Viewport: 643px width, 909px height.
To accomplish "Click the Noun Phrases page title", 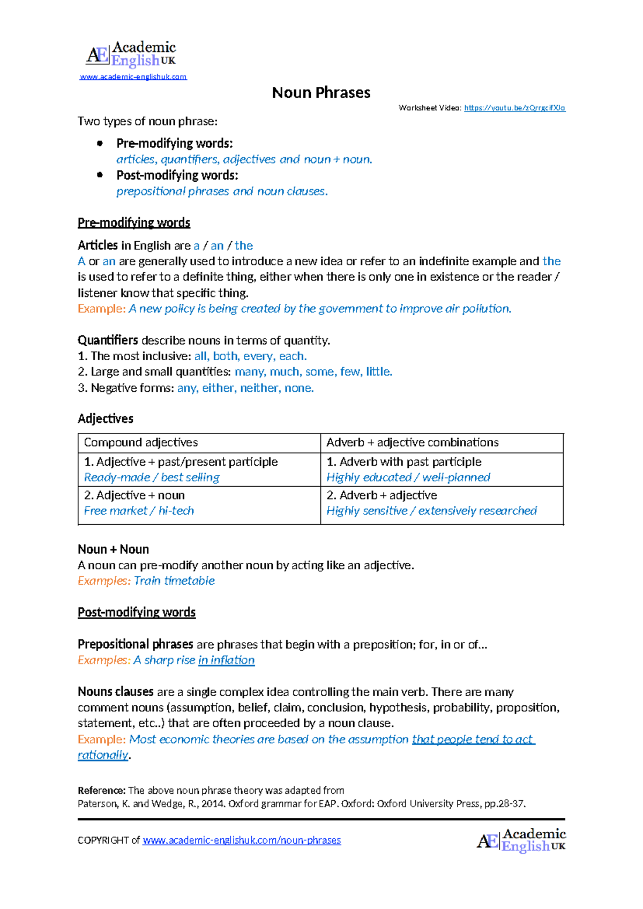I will [x=321, y=93].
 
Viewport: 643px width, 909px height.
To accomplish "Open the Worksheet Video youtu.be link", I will [x=514, y=108].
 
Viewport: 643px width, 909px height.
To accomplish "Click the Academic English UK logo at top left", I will [x=132, y=55].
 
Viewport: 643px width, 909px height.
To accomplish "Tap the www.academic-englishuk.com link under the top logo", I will [x=133, y=77].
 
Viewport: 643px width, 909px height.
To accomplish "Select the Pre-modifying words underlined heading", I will [x=134, y=222].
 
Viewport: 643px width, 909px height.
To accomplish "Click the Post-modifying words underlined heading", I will [x=137, y=612].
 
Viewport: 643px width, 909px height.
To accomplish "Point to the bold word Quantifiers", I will [x=108, y=340].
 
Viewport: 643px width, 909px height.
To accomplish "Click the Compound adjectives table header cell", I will [x=141, y=443].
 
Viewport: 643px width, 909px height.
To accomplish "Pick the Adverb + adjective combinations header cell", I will [x=413, y=443].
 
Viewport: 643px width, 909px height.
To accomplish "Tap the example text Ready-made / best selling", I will [x=152, y=478].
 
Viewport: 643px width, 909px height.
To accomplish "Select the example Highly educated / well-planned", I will [x=408, y=478].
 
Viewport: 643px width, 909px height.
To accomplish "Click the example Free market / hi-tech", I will [x=139, y=511].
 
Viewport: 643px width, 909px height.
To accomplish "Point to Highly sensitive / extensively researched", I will [x=431, y=511].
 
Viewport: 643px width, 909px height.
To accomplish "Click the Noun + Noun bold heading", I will [x=113, y=549].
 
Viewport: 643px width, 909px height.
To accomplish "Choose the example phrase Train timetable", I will [x=174, y=581].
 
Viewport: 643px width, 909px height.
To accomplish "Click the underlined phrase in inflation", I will [x=226, y=660].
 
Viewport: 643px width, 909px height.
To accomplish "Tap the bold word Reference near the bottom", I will [x=101, y=791].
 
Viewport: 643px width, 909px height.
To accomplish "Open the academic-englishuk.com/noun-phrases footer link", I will [x=242, y=840].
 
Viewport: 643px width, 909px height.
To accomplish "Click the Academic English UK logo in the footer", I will [x=521, y=840].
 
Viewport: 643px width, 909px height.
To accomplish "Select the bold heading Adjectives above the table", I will [x=106, y=419].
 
